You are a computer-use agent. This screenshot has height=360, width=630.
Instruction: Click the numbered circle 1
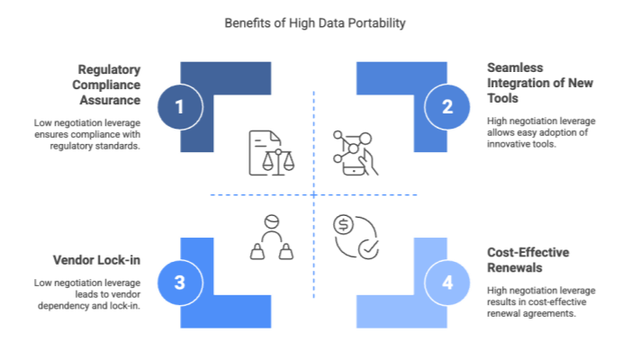(179, 107)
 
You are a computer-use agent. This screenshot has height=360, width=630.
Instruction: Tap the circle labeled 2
(447, 107)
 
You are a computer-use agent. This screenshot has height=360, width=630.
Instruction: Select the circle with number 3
(179, 283)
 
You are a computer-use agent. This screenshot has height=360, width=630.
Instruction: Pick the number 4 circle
(447, 283)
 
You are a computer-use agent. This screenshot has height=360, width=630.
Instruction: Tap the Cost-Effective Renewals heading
(528, 259)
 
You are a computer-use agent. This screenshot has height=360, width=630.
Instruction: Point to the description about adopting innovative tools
(535, 133)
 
